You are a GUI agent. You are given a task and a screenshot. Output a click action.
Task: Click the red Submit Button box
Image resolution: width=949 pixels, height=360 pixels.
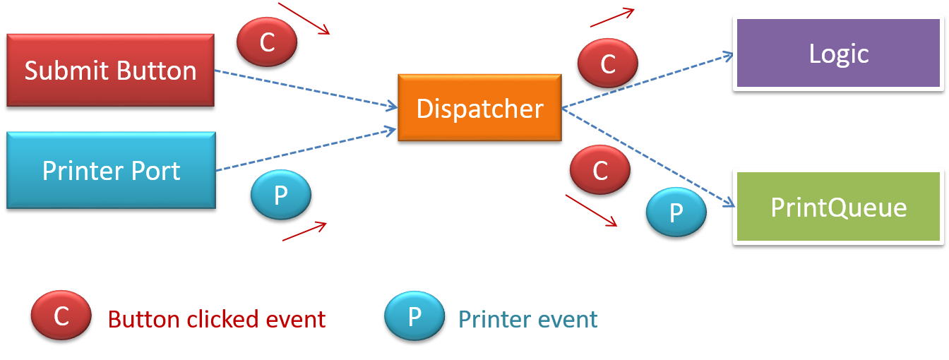tap(110, 70)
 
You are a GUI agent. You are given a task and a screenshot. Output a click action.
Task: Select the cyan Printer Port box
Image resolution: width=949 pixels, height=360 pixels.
tap(111, 170)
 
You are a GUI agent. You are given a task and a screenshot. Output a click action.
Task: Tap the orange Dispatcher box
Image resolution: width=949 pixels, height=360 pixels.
tap(479, 108)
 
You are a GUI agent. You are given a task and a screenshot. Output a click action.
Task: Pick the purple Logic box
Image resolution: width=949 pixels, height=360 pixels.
tap(839, 54)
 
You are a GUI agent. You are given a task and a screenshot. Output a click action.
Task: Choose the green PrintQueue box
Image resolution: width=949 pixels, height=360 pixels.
tap(839, 207)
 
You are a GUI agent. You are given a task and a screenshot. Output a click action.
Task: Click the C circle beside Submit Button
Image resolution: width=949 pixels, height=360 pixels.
tap(267, 42)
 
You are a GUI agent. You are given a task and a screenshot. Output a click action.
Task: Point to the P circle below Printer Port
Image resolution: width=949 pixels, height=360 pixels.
tap(280, 195)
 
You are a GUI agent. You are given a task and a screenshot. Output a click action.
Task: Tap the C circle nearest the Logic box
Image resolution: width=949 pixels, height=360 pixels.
tap(607, 64)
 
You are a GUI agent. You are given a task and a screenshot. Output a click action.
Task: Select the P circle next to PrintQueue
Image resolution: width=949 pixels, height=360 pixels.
tap(676, 212)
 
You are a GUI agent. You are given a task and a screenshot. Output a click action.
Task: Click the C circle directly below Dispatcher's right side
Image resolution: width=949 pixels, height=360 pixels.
tap(599, 170)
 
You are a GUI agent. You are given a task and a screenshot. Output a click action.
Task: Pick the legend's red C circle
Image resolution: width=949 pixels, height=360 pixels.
tap(61, 316)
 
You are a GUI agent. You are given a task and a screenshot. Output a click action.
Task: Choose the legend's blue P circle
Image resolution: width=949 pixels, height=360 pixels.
tap(414, 316)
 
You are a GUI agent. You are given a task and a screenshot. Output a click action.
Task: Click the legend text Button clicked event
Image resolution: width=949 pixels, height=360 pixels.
tap(217, 319)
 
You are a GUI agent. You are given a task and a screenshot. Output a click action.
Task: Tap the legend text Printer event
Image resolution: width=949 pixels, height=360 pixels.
tap(527, 319)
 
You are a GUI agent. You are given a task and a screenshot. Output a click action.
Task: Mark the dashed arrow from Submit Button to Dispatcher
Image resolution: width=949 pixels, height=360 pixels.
tap(304, 89)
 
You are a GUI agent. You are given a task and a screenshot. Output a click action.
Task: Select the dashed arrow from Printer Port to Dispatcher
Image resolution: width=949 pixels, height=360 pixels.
tap(304, 150)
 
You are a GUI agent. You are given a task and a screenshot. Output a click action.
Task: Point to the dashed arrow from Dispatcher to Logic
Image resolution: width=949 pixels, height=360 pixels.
tap(646, 81)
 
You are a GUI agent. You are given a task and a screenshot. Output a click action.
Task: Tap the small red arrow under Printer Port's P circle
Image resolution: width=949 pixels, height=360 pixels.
tap(304, 232)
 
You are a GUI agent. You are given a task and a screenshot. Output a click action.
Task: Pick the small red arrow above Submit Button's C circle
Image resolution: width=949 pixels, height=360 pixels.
tap(304, 18)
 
